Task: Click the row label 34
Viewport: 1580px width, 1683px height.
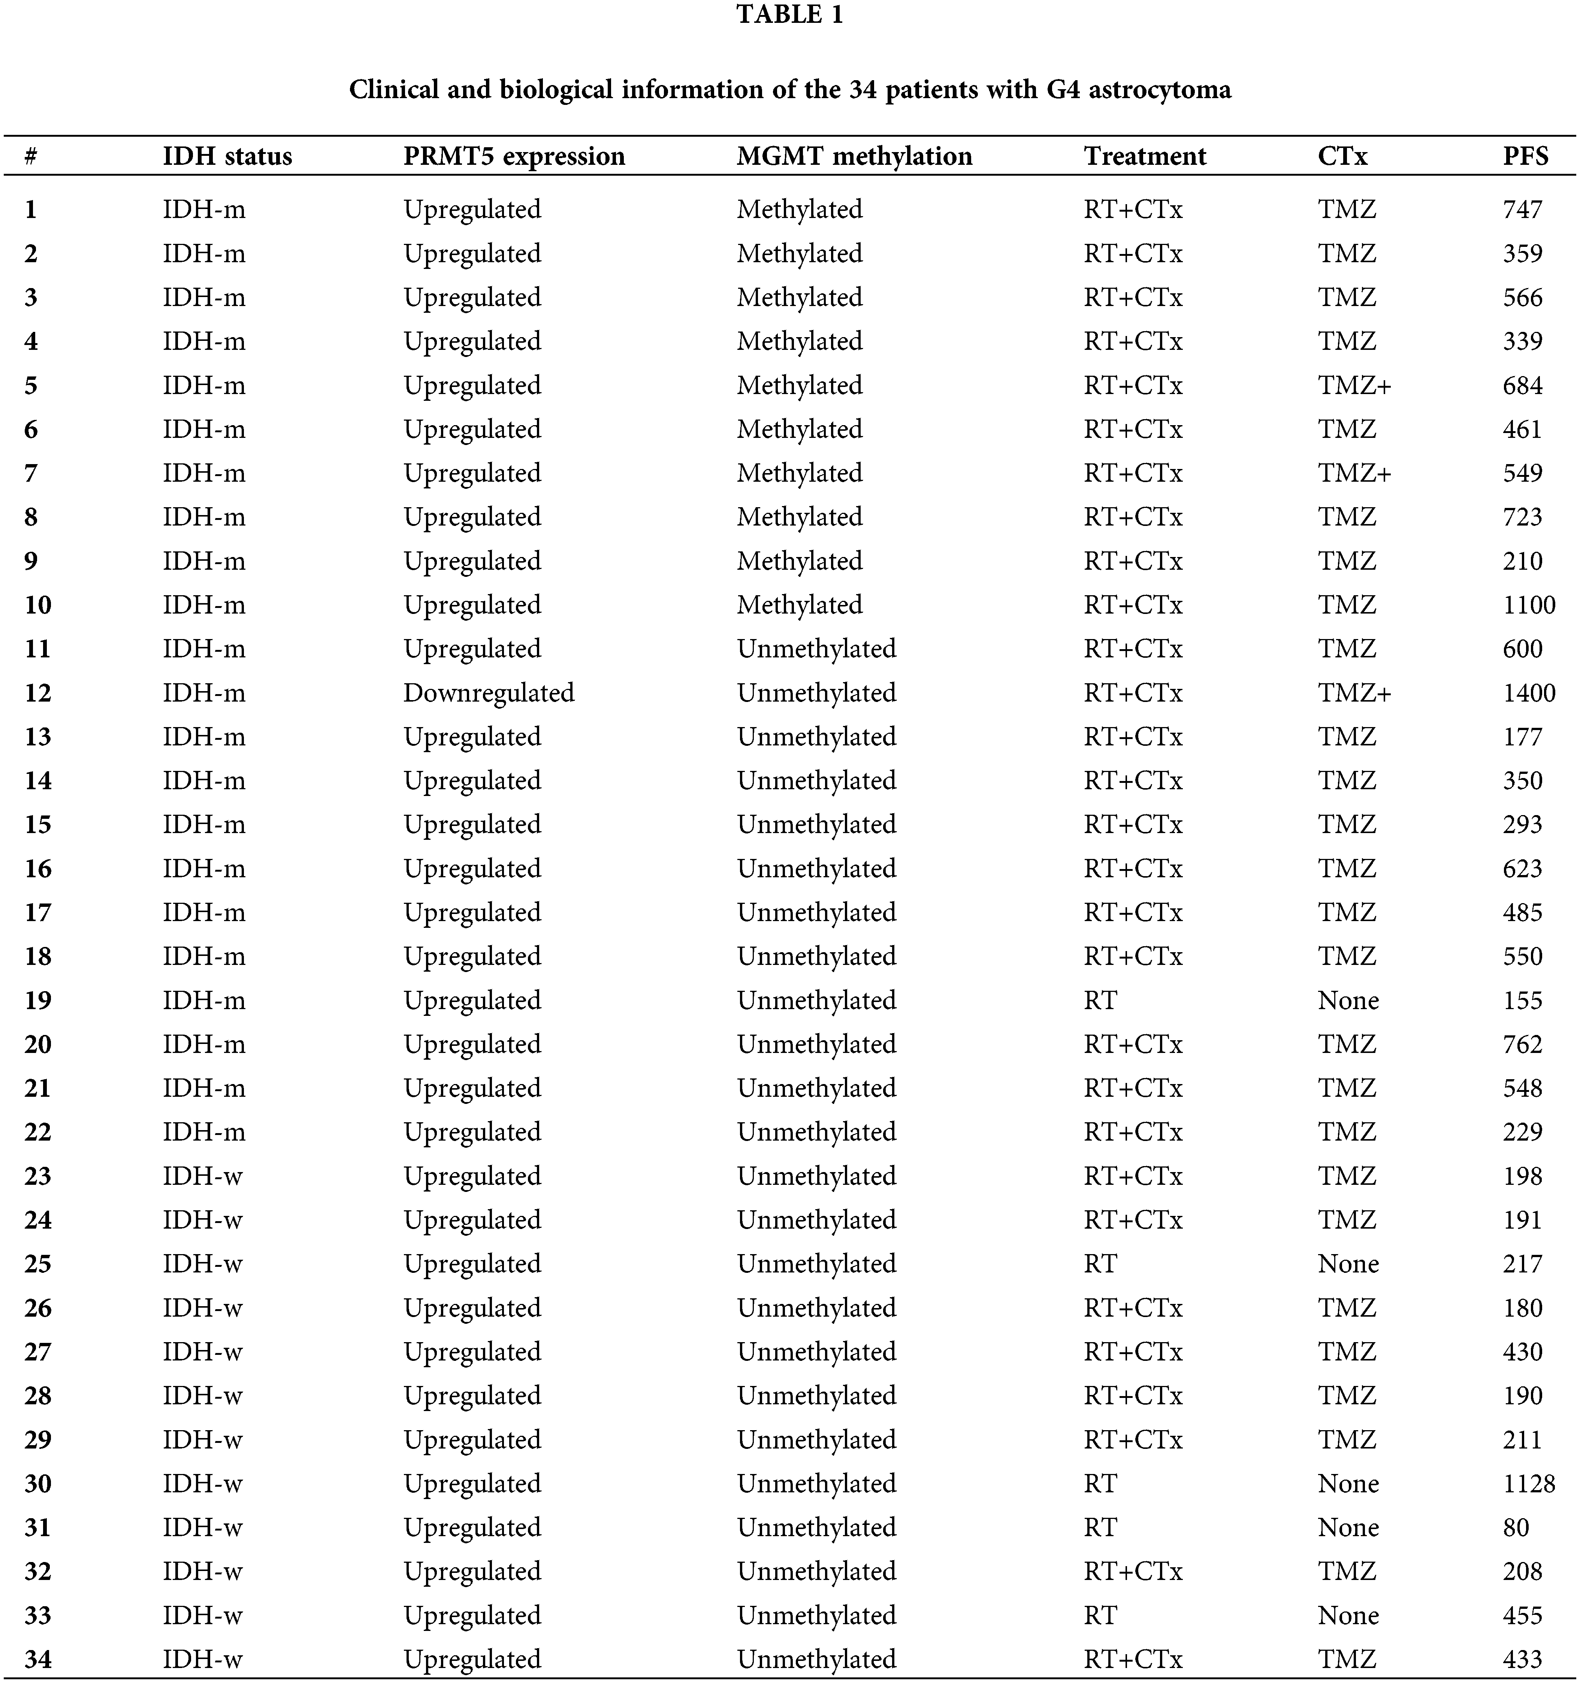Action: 38,1659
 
